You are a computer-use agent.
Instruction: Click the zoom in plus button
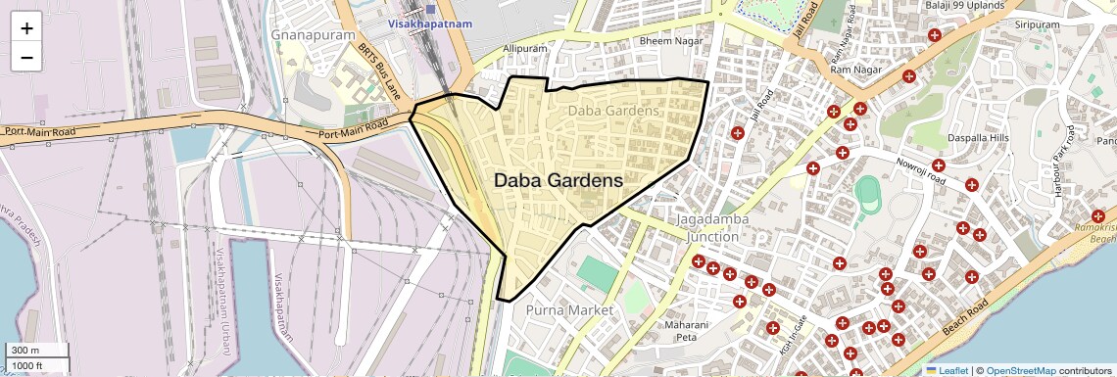tap(26, 27)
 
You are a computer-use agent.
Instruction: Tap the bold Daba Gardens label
tap(558, 181)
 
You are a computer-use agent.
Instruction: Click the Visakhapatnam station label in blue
tap(430, 22)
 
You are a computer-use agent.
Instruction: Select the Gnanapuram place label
tap(305, 34)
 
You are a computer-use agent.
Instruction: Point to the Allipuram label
tap(523, 48)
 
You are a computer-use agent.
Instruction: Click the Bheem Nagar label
tap(665, 42)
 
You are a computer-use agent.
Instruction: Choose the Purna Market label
tap(569, 310)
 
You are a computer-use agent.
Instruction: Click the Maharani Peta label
tap(686, 331)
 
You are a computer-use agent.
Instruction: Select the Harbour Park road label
tap(1062, 172)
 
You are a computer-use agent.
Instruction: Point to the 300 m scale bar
tap(34, 351)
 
